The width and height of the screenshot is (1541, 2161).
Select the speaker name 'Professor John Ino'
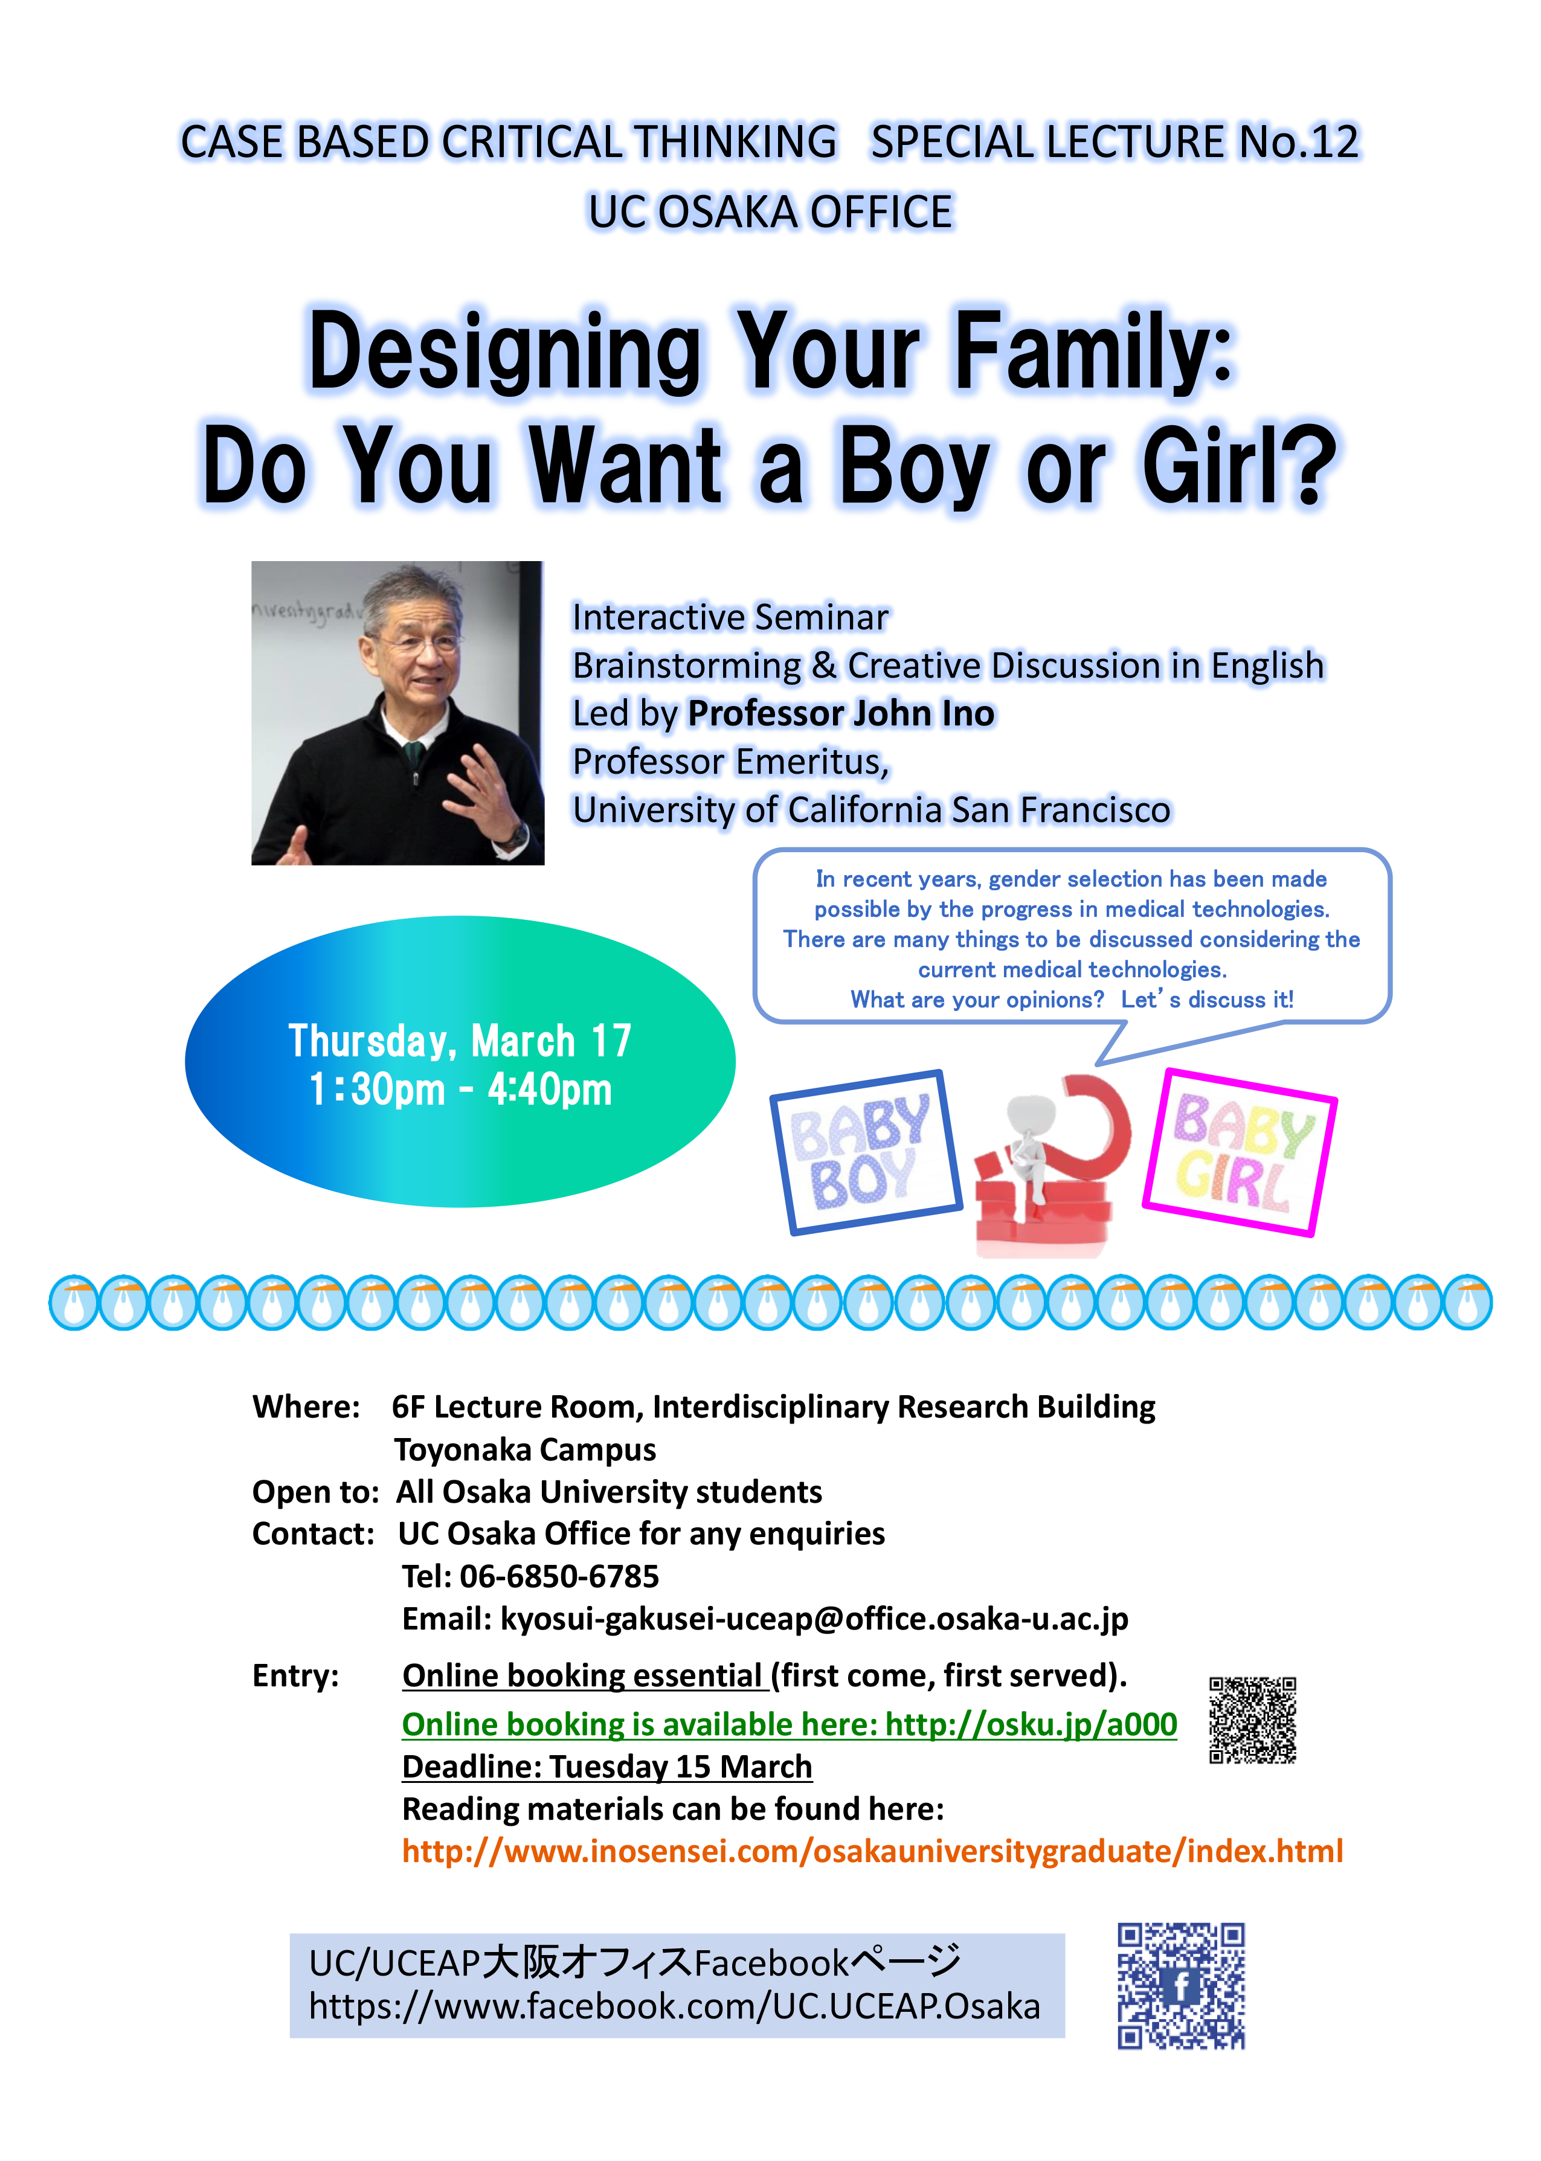click(841, 713)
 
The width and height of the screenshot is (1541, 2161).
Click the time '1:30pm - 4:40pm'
click(460, 1089)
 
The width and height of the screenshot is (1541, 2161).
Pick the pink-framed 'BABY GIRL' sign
click(1239, 1152)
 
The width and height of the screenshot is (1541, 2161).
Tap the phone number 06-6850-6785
click(559, 1576)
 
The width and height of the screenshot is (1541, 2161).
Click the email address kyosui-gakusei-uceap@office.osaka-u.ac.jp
click(814, 1619)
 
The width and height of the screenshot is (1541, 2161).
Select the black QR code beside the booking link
click(1252, 1720)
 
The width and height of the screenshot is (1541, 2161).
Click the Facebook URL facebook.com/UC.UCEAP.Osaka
click(675, 2006)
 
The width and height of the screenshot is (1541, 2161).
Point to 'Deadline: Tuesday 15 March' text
click(607, 1767)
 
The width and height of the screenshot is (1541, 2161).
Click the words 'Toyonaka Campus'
click(525, 1450)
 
